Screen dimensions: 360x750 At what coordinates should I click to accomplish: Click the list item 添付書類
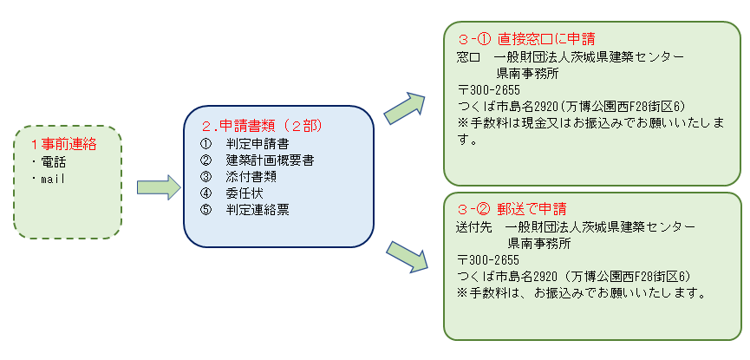pyautogui.click(x=251, y=177)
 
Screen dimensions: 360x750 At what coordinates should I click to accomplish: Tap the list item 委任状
pyautogui.click(x=243, y=193)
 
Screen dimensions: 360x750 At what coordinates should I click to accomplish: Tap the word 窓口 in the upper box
pyautogui.click(x=469, y=56)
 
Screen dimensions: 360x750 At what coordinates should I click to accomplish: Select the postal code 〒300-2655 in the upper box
pyautogui.click(x=487, y=89)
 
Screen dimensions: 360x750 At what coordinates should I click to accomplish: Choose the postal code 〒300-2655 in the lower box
pyautogui.click(x=487, y=259)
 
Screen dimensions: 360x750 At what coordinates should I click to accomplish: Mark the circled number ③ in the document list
pyautogui.click(x=205, y=177)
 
